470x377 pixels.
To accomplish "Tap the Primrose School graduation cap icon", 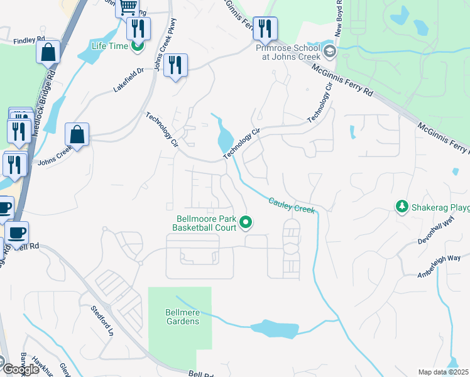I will [x=329, y=51].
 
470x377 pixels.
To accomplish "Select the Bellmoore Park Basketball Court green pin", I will [x=246, y=221].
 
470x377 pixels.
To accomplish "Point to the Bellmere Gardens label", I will [x=182, y=317].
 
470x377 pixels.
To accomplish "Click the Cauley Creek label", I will [x=291, y=205].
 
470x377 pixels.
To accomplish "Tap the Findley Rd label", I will [x=29, y=40].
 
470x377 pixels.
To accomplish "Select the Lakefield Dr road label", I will [x=129, y=80].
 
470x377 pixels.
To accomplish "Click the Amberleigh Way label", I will [x=440, y=266].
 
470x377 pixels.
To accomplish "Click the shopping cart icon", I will [x=128, y=7].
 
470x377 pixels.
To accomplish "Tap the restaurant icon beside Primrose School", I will [x=265, y=28].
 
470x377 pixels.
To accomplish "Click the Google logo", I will [x=20, y=369].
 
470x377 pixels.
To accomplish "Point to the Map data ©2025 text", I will [x=443, y=372].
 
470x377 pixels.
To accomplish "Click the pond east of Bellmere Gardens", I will [x=275, y=327].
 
